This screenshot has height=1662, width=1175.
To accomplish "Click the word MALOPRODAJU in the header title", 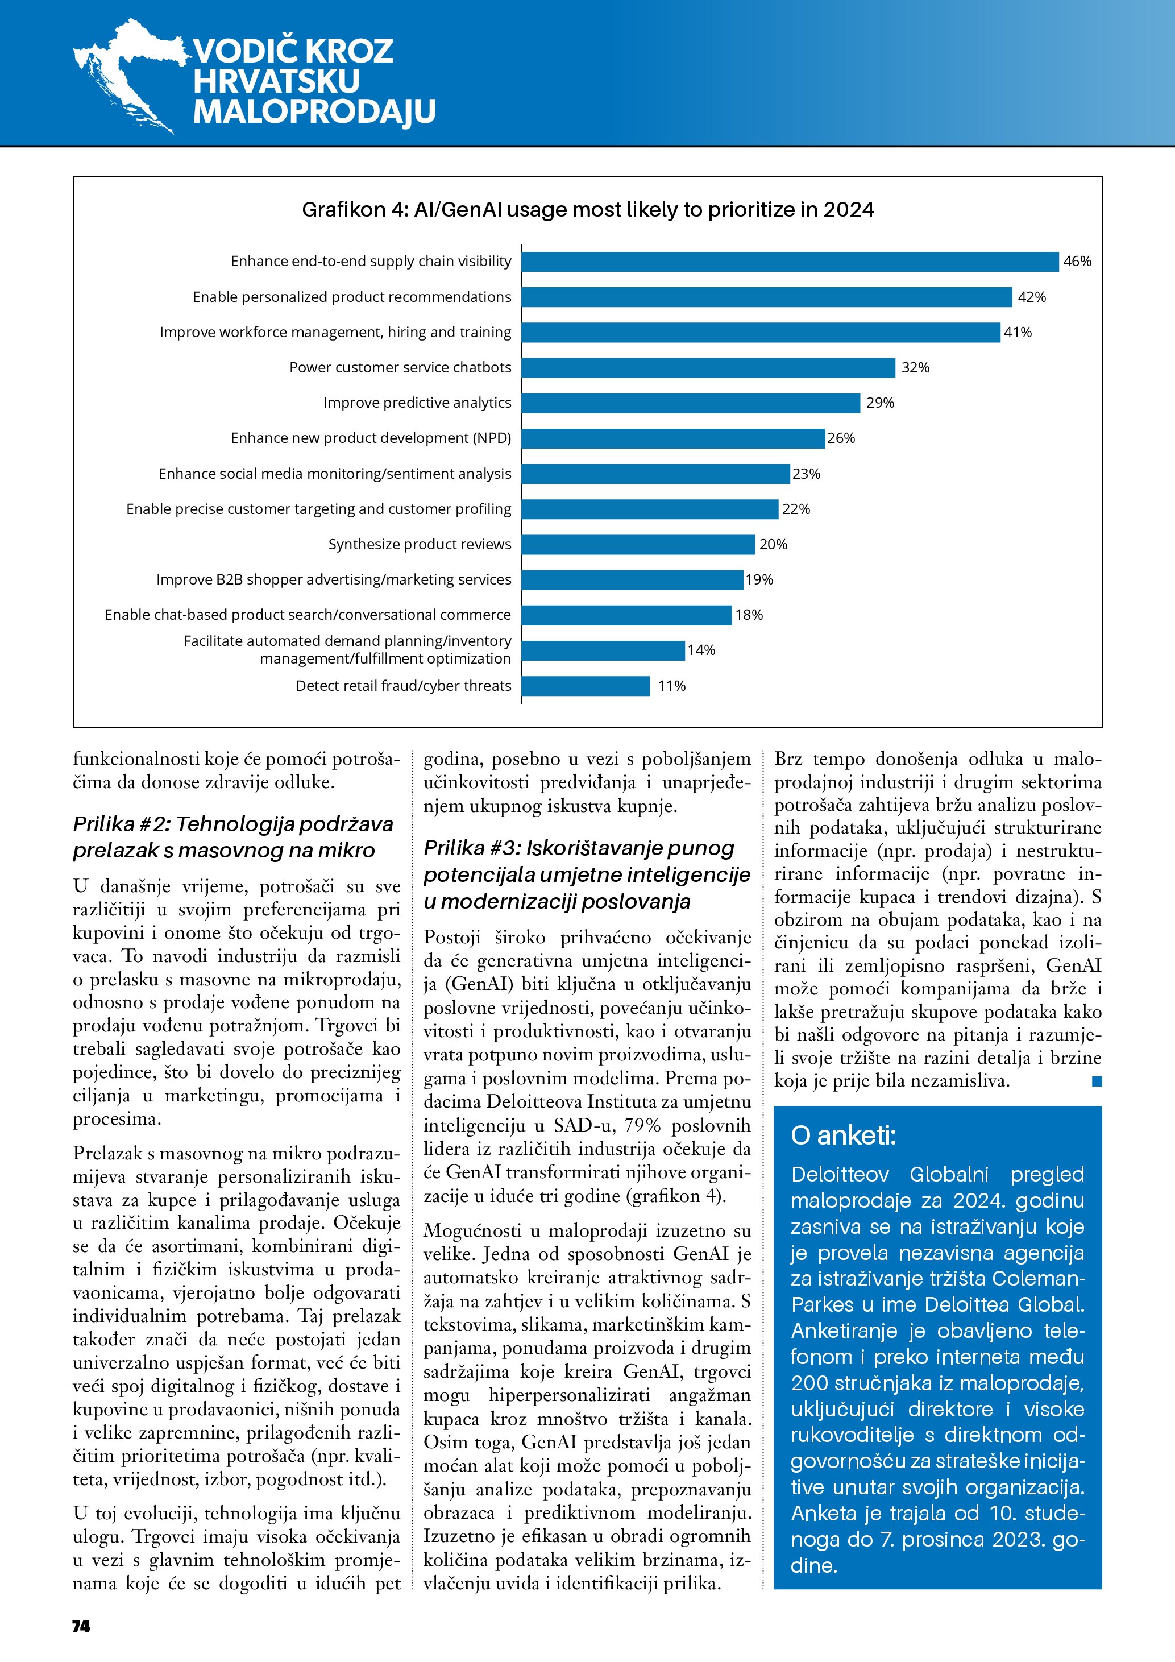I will tap(314, 111).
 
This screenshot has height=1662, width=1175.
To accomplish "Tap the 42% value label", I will tap(1031, 297).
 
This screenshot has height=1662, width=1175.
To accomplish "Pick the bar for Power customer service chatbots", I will tap(708, 368).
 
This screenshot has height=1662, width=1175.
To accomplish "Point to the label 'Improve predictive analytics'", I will tap(417, 403).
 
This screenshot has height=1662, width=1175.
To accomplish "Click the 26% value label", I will tap(841, 438).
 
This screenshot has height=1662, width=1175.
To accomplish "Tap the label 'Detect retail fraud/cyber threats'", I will tap(403, 686).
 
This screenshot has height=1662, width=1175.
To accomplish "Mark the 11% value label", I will tap(671, 686).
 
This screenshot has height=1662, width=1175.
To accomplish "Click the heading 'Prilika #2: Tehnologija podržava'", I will tap(233, 824).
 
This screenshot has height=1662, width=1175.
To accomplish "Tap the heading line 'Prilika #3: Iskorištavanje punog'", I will tap(579, 848).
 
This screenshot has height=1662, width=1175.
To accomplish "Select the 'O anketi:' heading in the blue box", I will tap(843, 1135).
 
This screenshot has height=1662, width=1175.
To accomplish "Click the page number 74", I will tap(81, 1627).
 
